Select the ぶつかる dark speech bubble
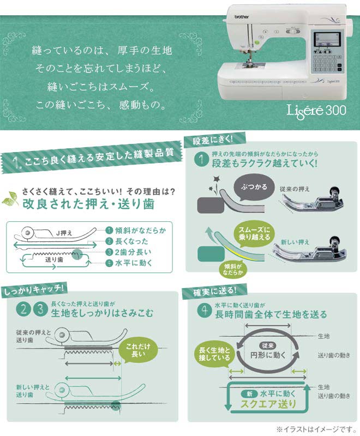[x=254, y=187]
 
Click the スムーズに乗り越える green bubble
[x=253, y=233]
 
